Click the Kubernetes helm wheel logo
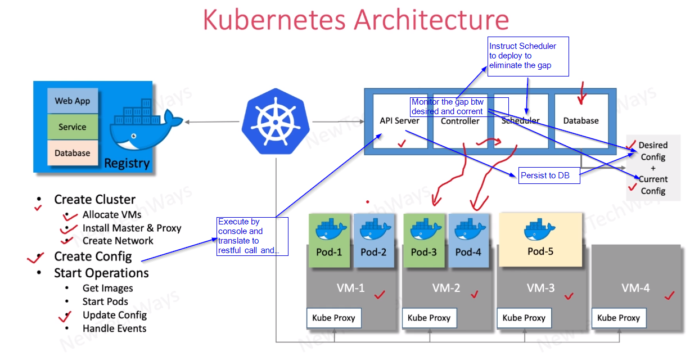tap(276, 122)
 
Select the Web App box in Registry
tap(72, 101)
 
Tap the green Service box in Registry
tap(72, 127)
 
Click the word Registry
tap(127, 164)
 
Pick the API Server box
tap(400, 121)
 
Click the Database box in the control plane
tap(581, 120)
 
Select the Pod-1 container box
tap(329, 240)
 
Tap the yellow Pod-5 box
tap(540, 239)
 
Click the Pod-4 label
tap(468, 252)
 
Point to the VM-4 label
tap(635, 288)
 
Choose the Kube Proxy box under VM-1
tap(333, 318)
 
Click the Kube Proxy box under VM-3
tap(524, 318)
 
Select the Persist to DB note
tap(545, 175)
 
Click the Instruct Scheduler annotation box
tap(528, 56)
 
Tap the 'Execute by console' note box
tap(252, 236)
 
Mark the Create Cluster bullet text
tap(94, 200)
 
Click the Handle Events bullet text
tap(114, 328)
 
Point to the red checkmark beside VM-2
tap(475, 294)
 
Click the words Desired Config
tap(653, 151)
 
